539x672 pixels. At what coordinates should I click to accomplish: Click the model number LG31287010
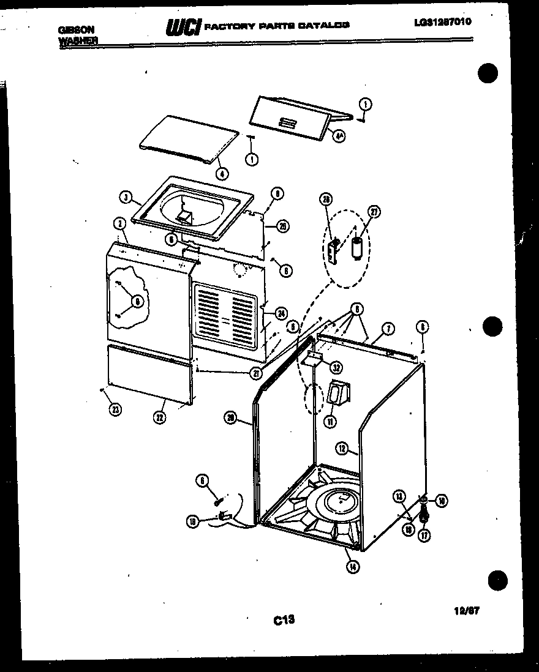point(443,23)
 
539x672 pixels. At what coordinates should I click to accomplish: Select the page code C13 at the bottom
point(285,620)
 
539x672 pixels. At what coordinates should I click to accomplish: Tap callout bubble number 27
point(373,212)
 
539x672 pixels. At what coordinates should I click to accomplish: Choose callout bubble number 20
point(230,417)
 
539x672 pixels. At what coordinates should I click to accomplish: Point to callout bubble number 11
point(330,420)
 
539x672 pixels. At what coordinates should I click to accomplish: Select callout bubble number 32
point(336,367)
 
